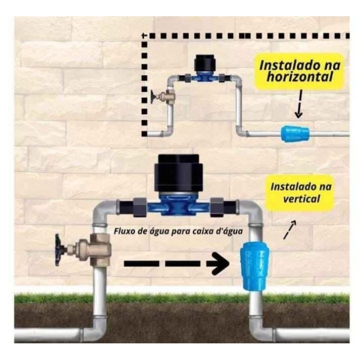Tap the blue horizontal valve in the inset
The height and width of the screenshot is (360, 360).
coord(295,133)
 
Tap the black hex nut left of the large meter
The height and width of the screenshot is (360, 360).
coord(139,207)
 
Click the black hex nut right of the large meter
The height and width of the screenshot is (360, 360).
coord(217,207)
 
